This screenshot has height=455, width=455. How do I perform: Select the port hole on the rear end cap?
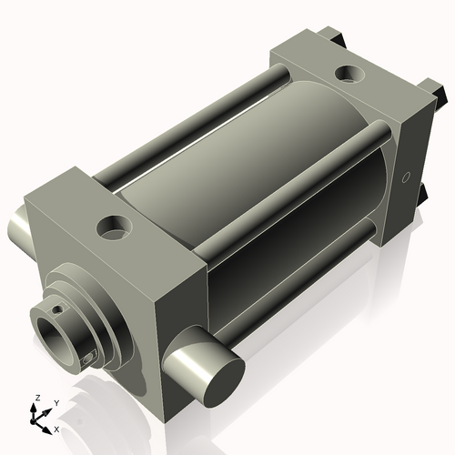349,72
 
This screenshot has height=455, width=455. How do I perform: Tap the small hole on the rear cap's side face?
406,174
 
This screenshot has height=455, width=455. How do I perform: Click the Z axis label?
35,399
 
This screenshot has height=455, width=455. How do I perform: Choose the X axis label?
56,428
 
